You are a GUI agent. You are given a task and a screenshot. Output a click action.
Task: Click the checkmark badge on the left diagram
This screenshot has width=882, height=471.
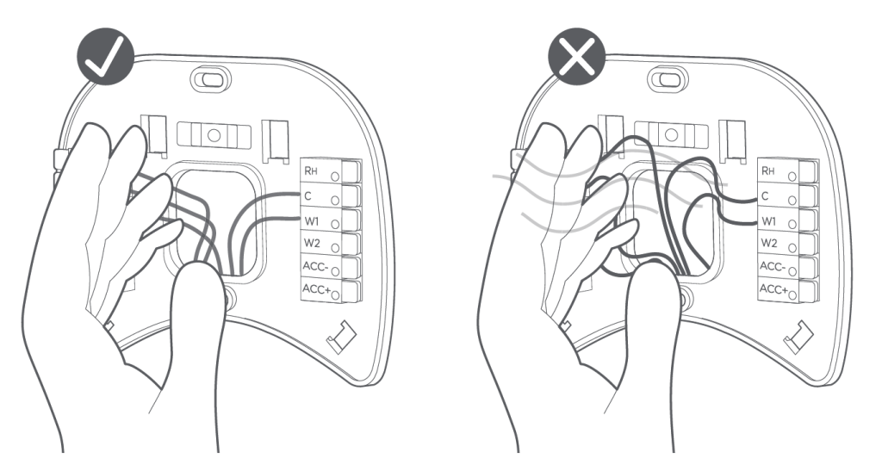pos(105,58)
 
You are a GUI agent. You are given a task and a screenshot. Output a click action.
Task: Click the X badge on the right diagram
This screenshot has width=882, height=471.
pos(576,58)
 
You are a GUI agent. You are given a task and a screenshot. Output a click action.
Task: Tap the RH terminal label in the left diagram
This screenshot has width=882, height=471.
pos(311,170)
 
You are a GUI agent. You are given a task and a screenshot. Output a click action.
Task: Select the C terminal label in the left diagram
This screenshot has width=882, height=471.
pos(307,195)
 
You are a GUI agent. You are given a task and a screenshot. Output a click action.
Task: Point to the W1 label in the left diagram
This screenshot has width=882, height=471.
pos(312,221)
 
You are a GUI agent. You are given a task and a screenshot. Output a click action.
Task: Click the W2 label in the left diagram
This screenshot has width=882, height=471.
pos(312,245)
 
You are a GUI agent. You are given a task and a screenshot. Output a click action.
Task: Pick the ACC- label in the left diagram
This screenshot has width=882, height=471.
pos(315,266)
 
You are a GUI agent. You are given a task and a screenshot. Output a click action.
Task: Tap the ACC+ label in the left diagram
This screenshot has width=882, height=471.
pos(316,289)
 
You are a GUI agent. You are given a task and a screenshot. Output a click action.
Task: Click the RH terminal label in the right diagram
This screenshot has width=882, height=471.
pos(767,170)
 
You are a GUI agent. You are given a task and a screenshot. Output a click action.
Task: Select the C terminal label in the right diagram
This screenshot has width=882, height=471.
pos(765,195)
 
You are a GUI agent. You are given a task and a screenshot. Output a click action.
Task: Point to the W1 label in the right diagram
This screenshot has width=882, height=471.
pos(769,220)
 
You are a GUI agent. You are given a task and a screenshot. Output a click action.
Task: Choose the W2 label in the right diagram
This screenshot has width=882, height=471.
pos(769,244)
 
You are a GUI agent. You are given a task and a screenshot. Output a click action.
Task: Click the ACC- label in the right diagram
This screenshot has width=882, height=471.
pos(773,266)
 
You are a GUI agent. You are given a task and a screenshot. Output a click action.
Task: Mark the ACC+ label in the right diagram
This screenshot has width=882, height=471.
pos(773,289)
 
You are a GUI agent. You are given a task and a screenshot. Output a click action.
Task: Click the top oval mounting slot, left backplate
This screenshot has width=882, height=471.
pos(211,78)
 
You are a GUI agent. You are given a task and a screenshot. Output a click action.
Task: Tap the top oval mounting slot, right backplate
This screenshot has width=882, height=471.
pos(668,78)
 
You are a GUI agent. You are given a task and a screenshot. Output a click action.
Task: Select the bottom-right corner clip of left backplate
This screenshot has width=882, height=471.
pos(341,336)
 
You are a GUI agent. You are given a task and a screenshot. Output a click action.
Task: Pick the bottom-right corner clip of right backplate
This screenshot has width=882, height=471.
pos(798,336)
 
